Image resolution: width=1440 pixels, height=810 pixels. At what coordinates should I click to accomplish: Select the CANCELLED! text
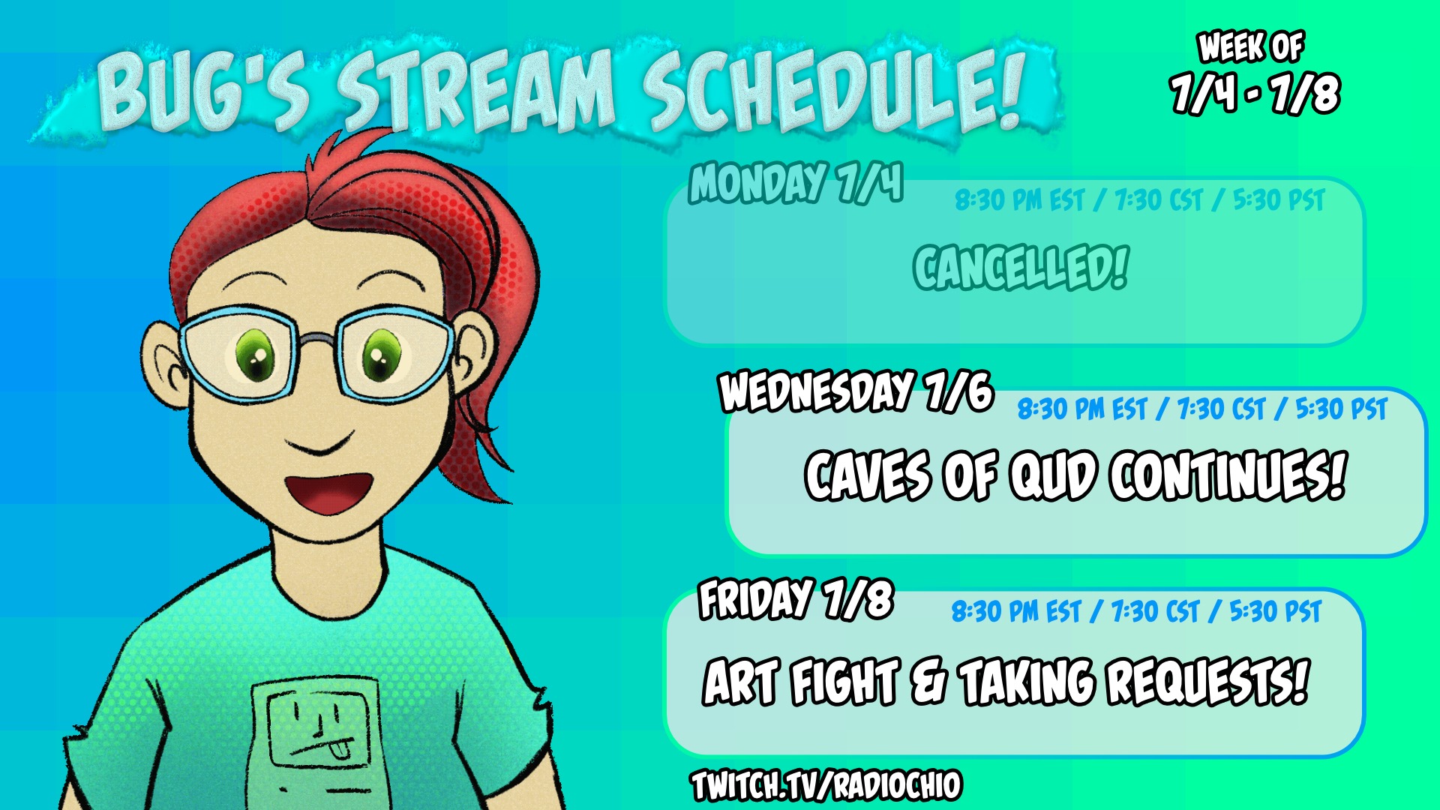tap(1021, 267)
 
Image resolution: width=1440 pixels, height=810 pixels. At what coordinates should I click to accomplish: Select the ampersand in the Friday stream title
tap(928, 681)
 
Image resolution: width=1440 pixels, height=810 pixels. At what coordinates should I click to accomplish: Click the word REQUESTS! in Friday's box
tap(1208, 681)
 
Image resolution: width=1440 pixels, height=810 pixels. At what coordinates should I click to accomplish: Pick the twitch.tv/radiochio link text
tap(826, 786)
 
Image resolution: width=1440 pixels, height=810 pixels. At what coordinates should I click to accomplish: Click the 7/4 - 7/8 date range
tap(1255, 93)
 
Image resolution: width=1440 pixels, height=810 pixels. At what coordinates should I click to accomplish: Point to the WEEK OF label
tap(1251, 46)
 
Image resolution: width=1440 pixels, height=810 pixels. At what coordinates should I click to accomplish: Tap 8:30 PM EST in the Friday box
tap(1016, 612)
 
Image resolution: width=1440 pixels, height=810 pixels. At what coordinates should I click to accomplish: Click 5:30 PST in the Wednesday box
tap(1342, 409)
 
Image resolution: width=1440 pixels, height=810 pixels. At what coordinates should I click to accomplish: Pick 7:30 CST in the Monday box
tap(1159, 200)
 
